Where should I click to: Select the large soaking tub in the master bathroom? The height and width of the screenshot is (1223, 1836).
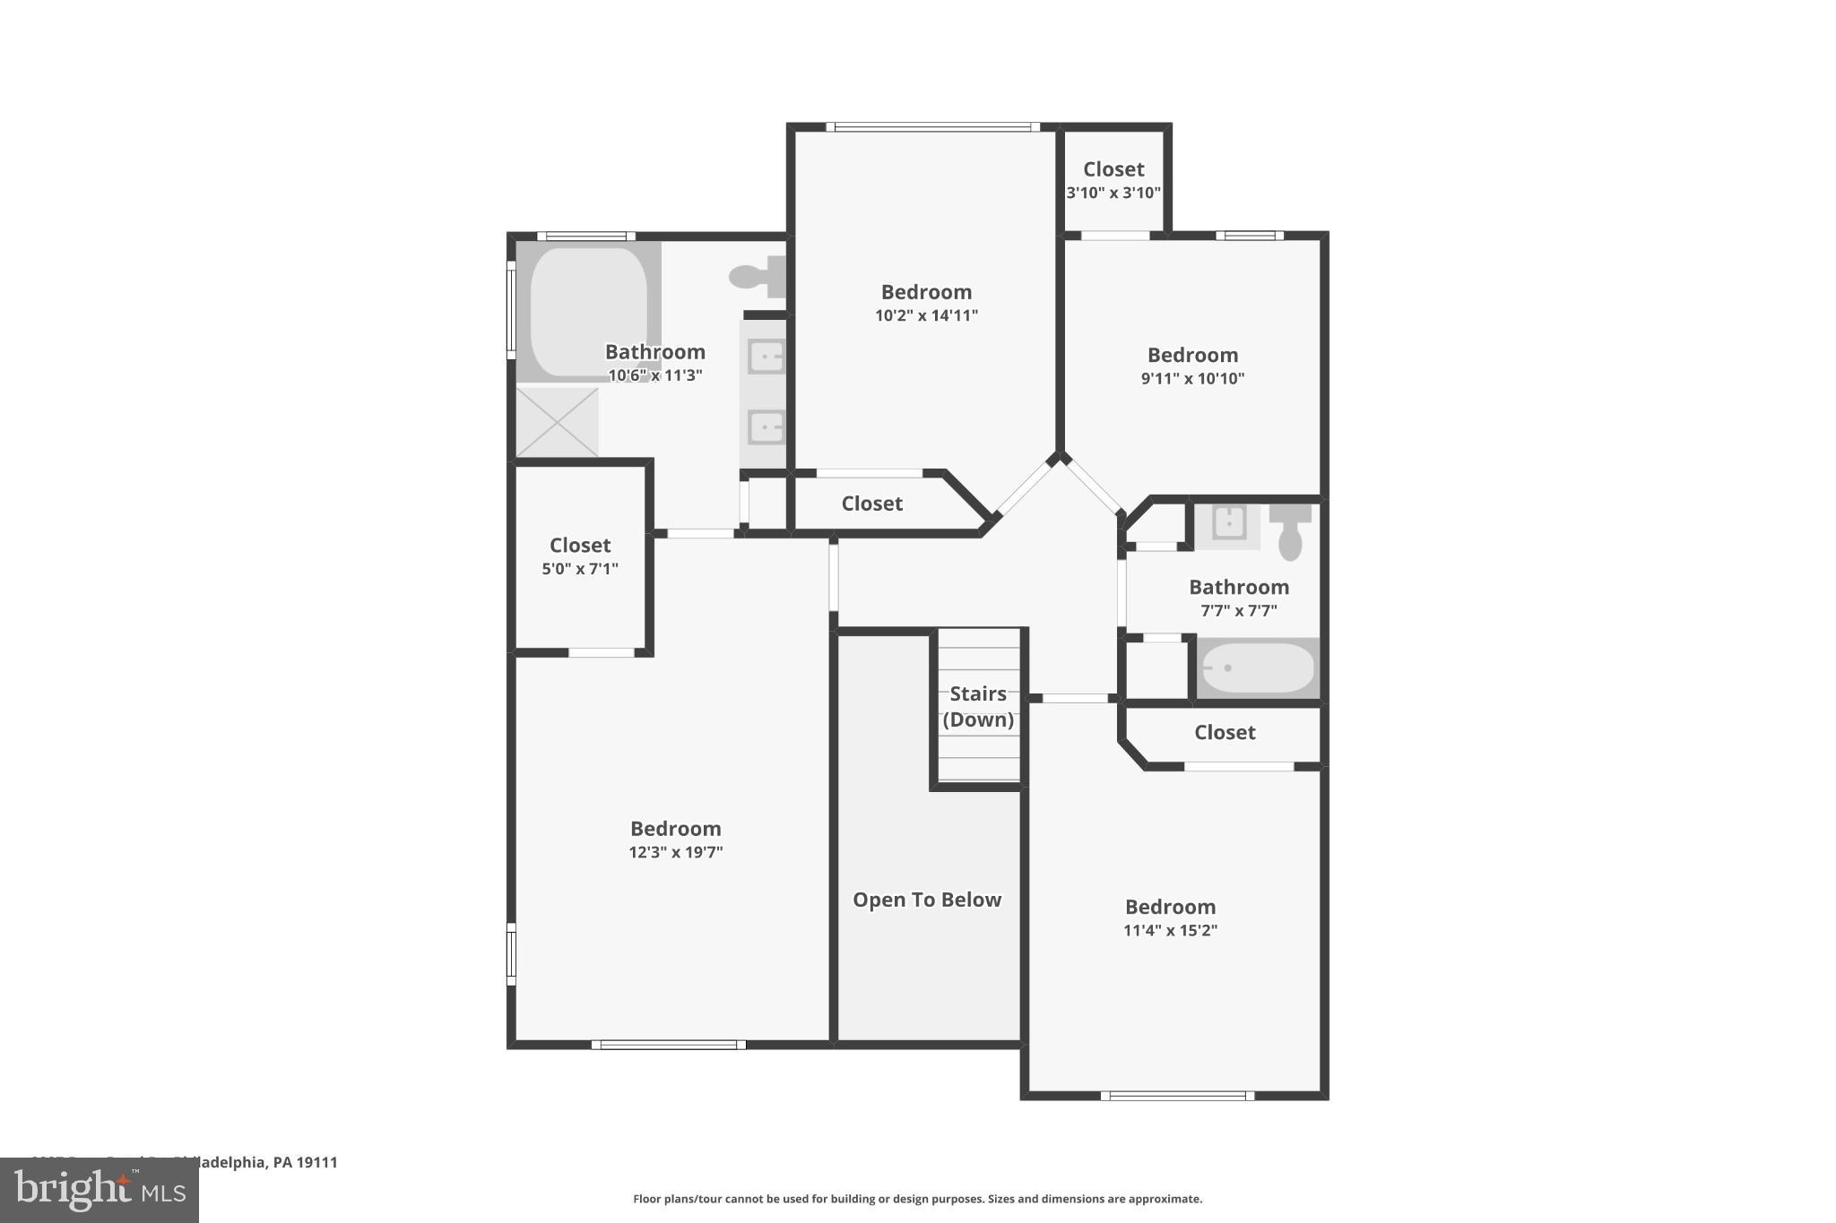click(588, 311)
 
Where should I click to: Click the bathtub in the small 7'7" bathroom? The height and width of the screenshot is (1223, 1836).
click(1257, 668)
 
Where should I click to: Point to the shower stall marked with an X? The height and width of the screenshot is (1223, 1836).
click(557, 422)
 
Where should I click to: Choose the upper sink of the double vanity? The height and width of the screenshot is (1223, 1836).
click(766, 357)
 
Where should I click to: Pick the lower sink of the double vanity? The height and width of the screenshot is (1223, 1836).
click(766, 427)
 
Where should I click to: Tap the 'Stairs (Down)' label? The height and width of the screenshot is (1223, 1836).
click(978, 706)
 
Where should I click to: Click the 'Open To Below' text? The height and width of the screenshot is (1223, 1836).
click(926, 900)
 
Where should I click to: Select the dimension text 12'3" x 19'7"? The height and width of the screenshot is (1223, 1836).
click(675, 852)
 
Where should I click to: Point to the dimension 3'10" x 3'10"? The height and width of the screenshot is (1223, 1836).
click(1113, 193)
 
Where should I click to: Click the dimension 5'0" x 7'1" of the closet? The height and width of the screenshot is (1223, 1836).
click(580, 569)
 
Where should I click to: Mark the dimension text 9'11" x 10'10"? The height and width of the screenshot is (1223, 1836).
click(1192, 378)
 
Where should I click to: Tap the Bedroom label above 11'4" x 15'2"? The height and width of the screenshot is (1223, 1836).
click(1170, 907)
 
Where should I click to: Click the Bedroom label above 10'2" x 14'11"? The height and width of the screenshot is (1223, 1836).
click(926, 292)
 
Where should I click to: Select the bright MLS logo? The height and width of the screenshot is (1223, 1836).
click(99, 1191)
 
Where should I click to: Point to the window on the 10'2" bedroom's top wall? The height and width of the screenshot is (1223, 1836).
click(932, 127)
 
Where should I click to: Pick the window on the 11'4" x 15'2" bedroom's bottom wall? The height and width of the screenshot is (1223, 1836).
click(1176, 1095)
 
